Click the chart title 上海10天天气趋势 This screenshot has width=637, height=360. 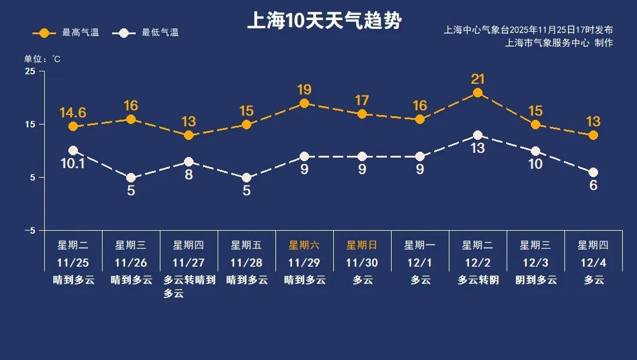click(x=324, y=21)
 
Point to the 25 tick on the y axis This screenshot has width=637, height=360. click(x=29, y=71)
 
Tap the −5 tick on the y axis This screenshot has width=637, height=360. click(x=29, y=230)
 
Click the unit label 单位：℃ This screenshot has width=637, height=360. click(x=42, y=59)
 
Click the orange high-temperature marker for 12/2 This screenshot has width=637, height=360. click(x=478, y=93)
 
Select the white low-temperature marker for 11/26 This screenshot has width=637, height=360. click(x=131, y=178)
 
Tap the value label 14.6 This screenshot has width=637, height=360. click(x=73, y=112)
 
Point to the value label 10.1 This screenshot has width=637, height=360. click(x=73, y=163)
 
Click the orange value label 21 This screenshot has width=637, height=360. click(x=478, y=78)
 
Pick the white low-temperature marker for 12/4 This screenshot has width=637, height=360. click(x=593, y=172)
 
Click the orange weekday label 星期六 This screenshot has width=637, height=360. click(x=304, y=245)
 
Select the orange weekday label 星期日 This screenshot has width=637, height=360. click(x=362, y=245)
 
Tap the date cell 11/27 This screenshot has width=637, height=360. click(x=188, y=263)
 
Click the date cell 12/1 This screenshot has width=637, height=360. click(x=419, y=263)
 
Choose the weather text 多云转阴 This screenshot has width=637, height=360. click(x=478, y=280)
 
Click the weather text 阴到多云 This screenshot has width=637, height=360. click(x=536, y=280)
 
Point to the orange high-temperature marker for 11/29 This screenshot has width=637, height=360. click(x=304, y=103)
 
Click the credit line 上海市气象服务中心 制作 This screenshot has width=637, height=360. click(x=559, y=43)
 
